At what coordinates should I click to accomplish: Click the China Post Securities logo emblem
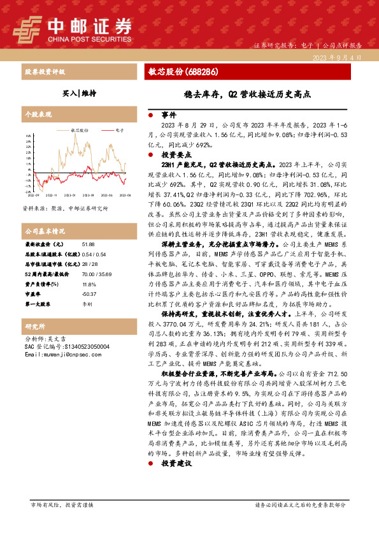(27, 27)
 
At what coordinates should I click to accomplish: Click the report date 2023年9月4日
(337, 57)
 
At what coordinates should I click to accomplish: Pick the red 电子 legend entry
(117, 129)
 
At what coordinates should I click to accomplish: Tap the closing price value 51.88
(89, 244)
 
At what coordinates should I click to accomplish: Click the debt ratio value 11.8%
(89, 284)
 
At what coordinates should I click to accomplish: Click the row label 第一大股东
(39, 304)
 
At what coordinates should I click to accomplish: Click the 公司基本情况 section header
(45, 230)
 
